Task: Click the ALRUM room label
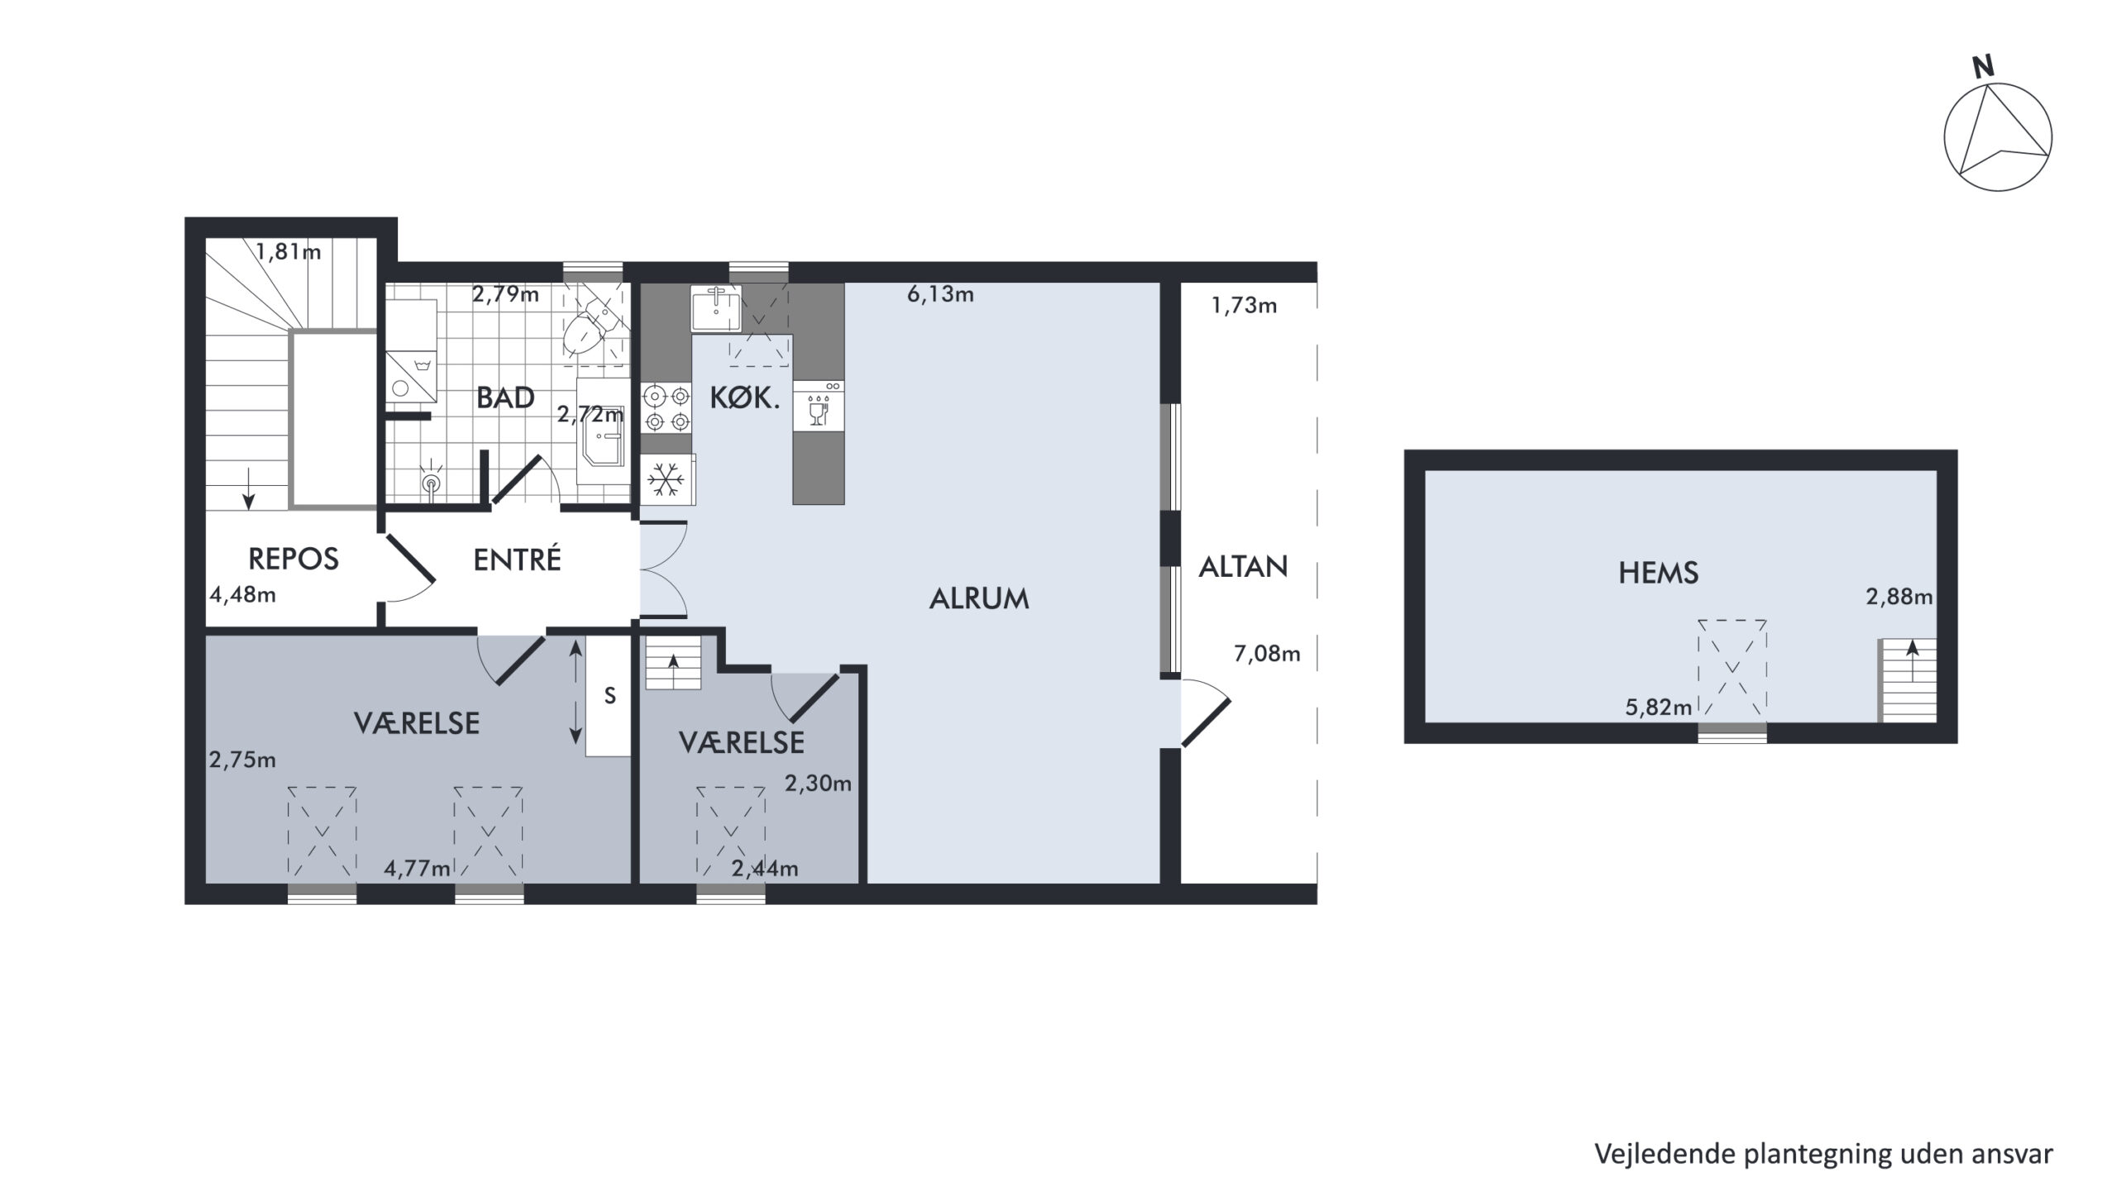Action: pyautogui.click(x=979, y=598)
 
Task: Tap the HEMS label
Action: pyautogui.click(x=1658, y=573)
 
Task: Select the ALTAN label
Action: pyautogui.click(x=1243, y=567)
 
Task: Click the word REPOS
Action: pyautogui.click(x=294, y=560)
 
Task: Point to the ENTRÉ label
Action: pyautogui.click(x=517, y=559)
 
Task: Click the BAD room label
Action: pyautogui.click(x=505, y=398)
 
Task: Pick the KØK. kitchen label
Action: pyautogui.click(x=744, y=399)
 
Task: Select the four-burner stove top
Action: pyautogui.click(x=667, y=408)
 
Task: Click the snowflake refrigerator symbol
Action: pyautogui.click(x=667, y=479)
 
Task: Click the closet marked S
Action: pyautogui.click(x=609, y=696)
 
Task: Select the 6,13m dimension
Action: pyautogui.click(x=940, y=294)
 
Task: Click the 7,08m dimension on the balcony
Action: pyautogui.click(x=1267, y=655)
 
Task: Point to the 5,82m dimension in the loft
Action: pyautogui.click(x=1658, y=707)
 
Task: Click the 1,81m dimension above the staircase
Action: pyautogui.click(x=288, y=251)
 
